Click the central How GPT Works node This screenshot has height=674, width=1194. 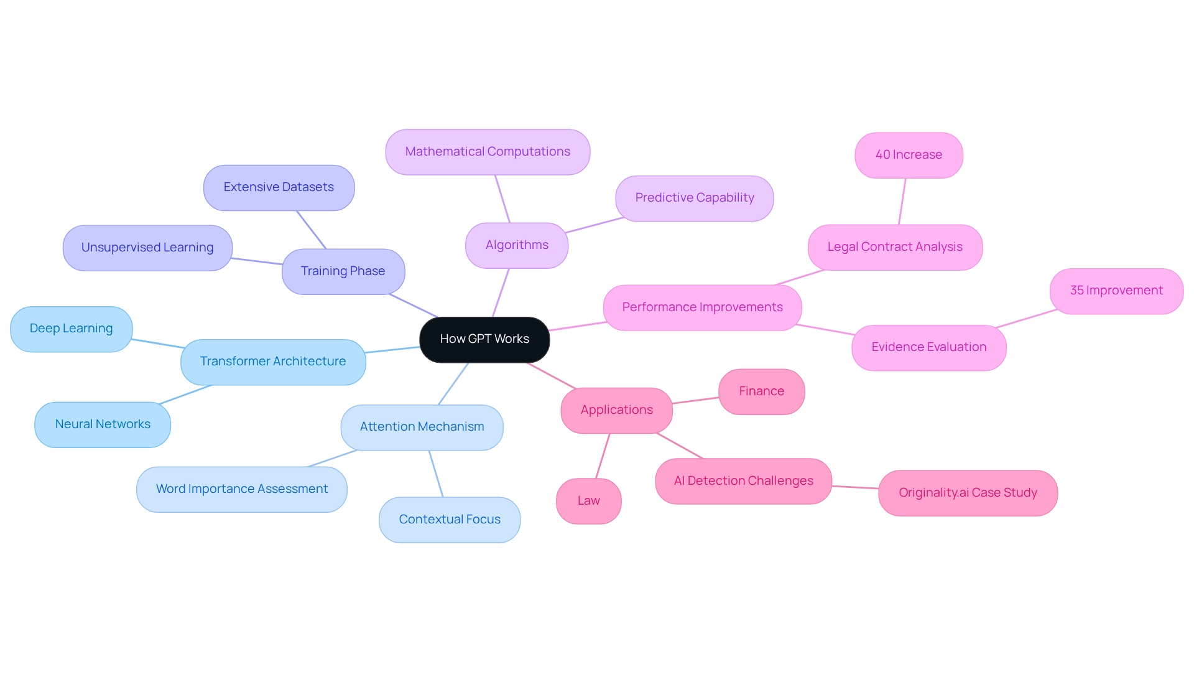(484, 339)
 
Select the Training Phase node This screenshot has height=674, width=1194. (343, 271)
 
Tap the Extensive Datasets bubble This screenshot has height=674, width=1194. (279, 187)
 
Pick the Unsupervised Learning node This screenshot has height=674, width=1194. (147, 248)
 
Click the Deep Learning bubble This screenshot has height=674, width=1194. (71, 329)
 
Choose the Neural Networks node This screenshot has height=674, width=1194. (103, 424)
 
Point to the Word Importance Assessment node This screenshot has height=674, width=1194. (241, 489)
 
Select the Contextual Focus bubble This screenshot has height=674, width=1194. (450, 520)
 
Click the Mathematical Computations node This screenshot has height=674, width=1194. (488, 152)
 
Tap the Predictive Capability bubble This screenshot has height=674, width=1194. (694, 198)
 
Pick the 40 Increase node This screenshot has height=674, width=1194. (909, 155)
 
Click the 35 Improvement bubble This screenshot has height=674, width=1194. (1116, 291)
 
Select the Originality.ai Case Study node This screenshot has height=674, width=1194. (968, 493)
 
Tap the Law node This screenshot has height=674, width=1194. (588, 501)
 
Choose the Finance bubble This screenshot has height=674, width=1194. (761, 391)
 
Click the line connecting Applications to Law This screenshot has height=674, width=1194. (603, 456)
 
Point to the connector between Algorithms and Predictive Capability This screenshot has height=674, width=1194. (595, 225)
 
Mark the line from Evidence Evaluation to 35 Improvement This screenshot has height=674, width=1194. (1027, 318)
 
